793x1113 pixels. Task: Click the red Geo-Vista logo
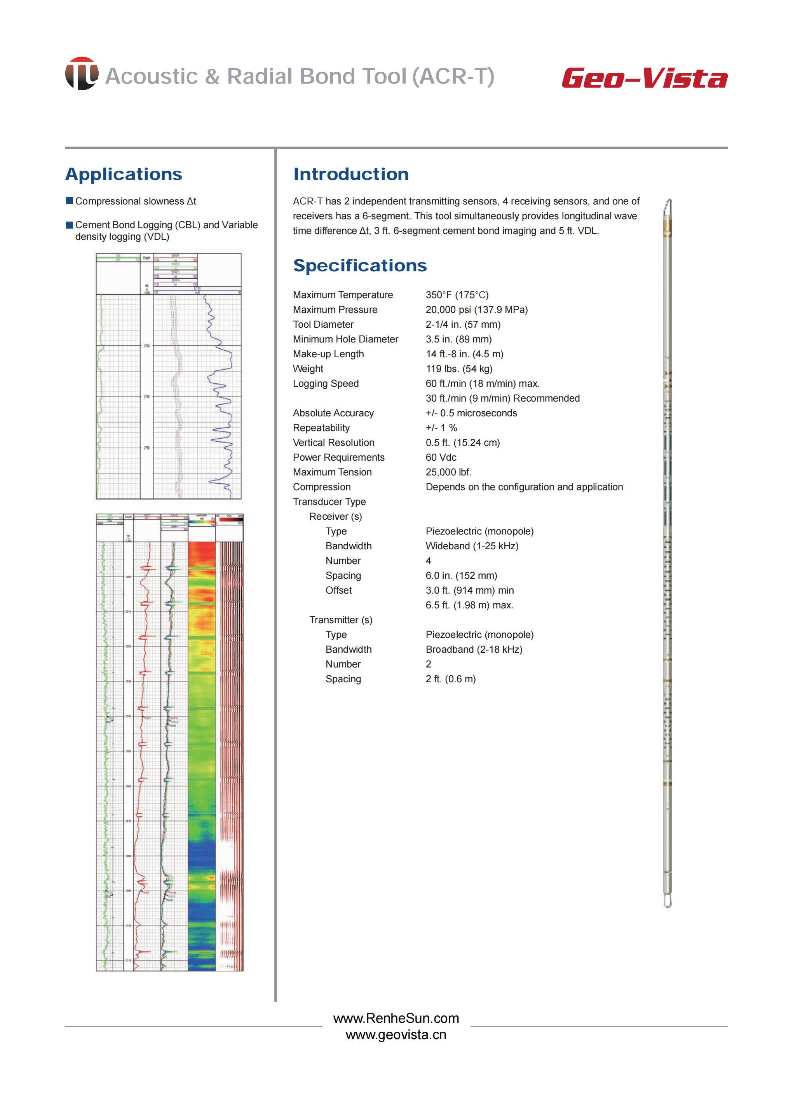pos(644,78)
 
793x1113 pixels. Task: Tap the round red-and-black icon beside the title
pos(82,74)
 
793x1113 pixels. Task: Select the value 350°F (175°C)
pos(457,295)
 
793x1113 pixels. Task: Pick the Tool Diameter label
pos(323,325)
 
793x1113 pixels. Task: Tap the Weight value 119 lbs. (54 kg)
pos(458,369)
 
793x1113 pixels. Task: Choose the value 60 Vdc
pos(441,457)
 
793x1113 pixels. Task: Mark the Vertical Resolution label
pos(333,443)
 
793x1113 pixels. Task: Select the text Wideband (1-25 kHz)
pos(472,546)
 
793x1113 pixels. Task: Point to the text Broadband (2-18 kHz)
pos(474,649)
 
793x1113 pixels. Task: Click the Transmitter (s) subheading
pos(340,620)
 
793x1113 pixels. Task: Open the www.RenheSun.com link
pos(396,1018)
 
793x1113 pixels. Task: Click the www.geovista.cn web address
pos(396,1035)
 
